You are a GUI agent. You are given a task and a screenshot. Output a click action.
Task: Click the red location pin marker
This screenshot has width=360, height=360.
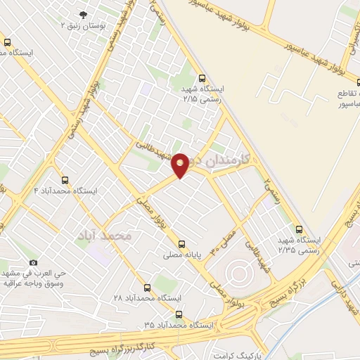[x=180, y=165]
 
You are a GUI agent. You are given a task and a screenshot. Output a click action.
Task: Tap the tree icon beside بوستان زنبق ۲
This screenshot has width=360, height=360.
[x=84, y=14]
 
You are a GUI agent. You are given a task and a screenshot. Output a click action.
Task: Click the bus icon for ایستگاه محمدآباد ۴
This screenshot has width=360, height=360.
[x=65, y=180]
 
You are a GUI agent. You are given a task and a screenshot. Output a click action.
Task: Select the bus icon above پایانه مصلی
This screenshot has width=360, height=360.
[x=184, y=238]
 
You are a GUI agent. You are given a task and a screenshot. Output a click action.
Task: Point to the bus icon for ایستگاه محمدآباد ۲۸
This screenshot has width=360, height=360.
[x=147, y=287]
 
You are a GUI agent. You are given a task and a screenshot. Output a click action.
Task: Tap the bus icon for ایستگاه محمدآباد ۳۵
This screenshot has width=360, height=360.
[x=179, y=314]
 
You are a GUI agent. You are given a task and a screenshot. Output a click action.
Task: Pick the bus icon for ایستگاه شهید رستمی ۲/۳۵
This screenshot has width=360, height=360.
[x=300, y=229]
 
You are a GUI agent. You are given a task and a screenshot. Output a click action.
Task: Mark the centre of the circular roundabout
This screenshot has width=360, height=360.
[x=238, y=271]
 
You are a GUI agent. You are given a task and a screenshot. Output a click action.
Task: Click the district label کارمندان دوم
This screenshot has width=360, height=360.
[x=227, y=161]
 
